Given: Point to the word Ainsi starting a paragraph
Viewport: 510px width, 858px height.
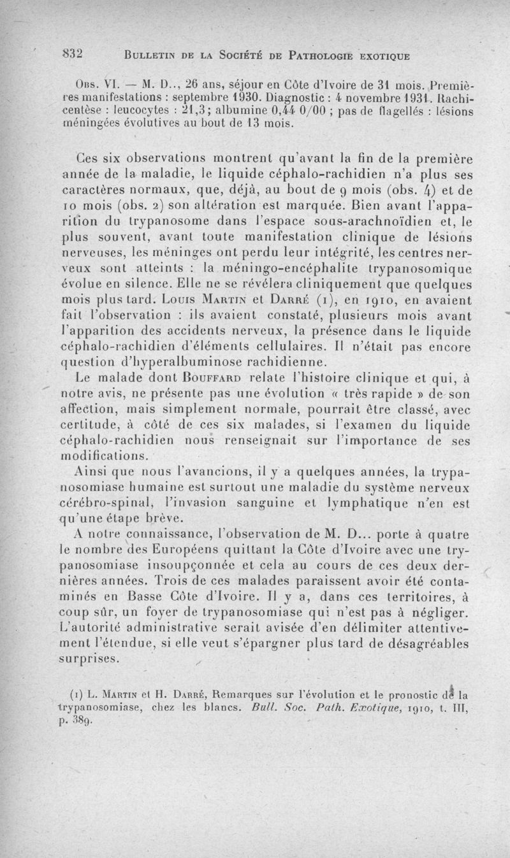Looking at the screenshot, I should coord(92,472).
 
